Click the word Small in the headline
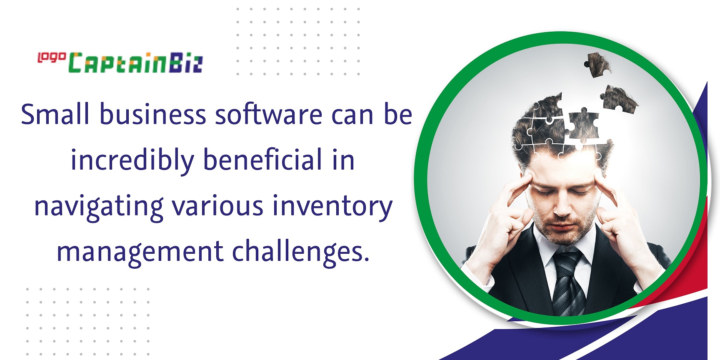(55, 114)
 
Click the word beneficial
(263, 160)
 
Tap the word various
(218, 206)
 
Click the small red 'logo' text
(52, 57)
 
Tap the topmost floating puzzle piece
(597, 65)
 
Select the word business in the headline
(152, 114)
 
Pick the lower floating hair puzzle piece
(618, 99)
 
